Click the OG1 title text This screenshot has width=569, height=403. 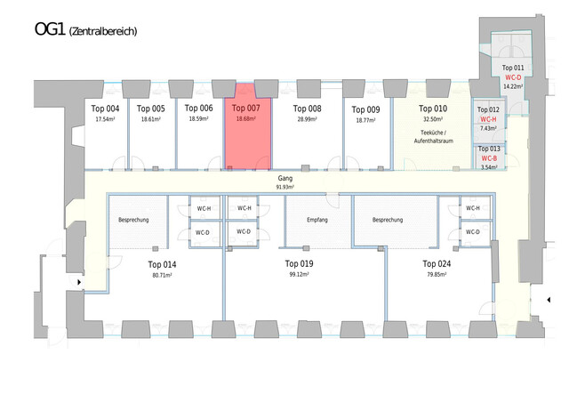pyautogui.click(x=49, y=29)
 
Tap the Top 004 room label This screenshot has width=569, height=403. pyautogui.click(x=106, y=109)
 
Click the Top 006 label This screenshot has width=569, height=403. pyautogui.click(x=199, y=109)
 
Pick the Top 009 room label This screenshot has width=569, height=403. pyautogui.click(x=365, y=110)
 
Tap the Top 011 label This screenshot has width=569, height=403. pyautogui.click(x=513, y=69)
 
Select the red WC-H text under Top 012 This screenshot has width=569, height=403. pyautogui.click(x=489, y=119)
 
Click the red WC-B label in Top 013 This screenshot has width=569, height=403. pyautogui.click(x=489, y=158)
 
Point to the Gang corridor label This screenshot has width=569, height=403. pyautogui.click(x=284, y=178)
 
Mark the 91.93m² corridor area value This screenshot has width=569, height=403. pyautogui.click(x=284, y=187)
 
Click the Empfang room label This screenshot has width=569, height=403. pyautogui.click(x=318, y=220)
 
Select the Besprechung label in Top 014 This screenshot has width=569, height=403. pyautogui.click(x=133, y=220)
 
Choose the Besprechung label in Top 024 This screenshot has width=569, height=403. pyautogui.click(x=388, y=220)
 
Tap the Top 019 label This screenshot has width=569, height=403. pyautogui.click(x=300, y=264)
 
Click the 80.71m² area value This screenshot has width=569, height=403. pyautogui.click(x=161, y=275)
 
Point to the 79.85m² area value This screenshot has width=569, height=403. pyautogui.click(x=435, y=275)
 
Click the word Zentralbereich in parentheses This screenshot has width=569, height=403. pyautogui.click(x=102, y=32)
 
